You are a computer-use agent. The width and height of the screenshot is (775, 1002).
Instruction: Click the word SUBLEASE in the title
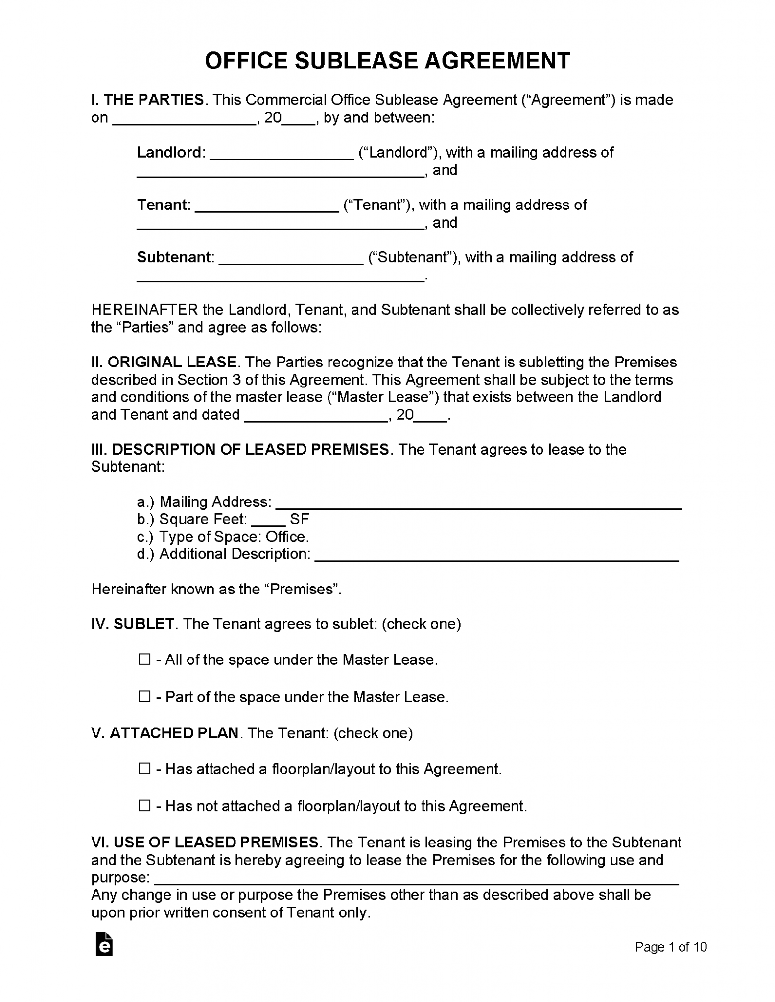356,61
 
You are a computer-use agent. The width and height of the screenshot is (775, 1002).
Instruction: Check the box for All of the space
144,660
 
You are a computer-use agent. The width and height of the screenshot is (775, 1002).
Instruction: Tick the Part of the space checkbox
144,696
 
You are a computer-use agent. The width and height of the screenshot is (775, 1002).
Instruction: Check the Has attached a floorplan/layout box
144,769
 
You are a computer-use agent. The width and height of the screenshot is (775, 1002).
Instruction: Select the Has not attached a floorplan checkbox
144,805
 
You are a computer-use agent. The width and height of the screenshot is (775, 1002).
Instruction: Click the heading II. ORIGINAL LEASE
164,363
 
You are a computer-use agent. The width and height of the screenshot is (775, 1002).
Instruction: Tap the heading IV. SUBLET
133,624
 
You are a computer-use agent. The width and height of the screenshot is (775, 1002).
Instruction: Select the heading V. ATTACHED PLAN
165,733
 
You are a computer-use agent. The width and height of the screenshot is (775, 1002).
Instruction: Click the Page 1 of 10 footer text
670,947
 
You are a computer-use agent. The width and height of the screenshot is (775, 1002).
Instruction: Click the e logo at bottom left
104,945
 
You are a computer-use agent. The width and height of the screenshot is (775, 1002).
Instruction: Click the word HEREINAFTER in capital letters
144,310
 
